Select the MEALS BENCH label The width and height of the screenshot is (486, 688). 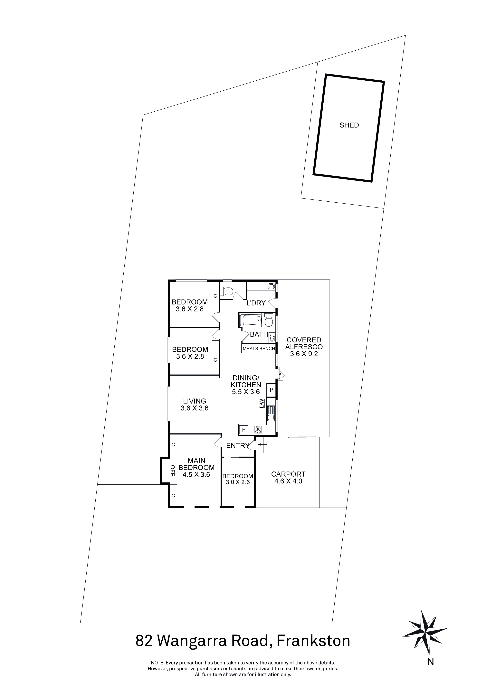pyautogui.click(x=259, y=349)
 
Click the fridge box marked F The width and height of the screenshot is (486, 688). pyautogui.click(x=244, y=430)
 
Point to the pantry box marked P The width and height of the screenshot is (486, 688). pyautogui.click(x=272, y=390)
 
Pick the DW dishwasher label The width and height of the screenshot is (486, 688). pyautogui.click(x=262, y=403)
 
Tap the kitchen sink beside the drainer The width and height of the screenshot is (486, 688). pyautogui.click(x=271, y=417)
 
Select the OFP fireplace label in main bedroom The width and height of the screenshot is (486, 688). pyautogui.click(x=172, y=471)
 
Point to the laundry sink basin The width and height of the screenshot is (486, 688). pyautogui.click(x=271, y=286)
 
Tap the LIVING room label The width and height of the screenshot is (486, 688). pyautogui.click(x=195, y=401)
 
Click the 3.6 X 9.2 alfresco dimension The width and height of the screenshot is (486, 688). pyautogui.click(x=304, y=354)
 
